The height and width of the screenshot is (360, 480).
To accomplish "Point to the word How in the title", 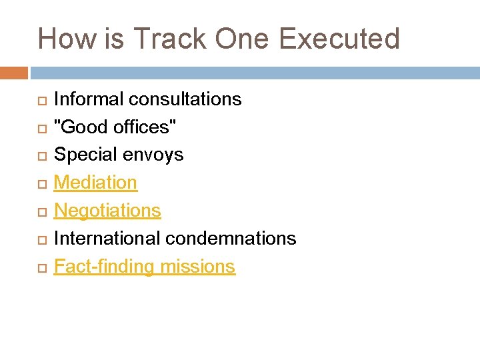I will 67,39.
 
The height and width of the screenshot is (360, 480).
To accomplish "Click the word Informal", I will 88,99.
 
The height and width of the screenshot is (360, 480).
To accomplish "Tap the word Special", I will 83,155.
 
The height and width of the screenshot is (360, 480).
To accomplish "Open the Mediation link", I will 95,183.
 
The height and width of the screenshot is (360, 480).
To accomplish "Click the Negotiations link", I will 107,211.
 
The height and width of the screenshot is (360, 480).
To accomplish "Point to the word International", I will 107,238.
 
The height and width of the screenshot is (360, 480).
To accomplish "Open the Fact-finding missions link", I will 144,267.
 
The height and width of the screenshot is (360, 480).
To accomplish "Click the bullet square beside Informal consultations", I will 41,101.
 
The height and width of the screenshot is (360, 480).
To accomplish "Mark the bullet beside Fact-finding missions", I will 41,267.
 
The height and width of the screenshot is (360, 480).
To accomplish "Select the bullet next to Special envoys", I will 41,156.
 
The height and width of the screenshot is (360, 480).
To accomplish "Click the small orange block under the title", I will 14,73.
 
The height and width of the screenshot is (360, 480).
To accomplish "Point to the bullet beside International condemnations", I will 41,239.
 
